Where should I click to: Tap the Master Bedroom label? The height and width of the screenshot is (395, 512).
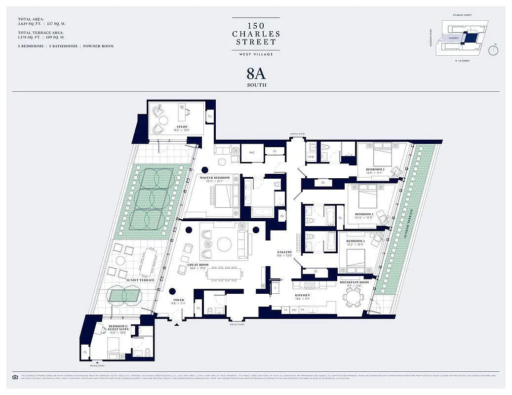(215, 177)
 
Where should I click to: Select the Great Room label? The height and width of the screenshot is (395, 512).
(197, 265)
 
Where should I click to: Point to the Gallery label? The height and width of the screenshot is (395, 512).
(284, 252)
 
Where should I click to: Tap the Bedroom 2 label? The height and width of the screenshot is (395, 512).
(375, 169)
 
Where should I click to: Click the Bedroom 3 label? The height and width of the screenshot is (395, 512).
(364, 214)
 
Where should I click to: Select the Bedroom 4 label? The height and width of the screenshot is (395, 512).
(355, 241)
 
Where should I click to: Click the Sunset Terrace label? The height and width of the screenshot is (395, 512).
(140, 280)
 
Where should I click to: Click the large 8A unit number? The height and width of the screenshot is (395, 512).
(256, 74)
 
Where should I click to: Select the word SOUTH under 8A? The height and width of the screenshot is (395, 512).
(256, 85)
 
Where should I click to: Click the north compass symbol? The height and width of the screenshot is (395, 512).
(494, 51)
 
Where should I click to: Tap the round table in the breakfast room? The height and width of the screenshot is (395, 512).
(353, 297)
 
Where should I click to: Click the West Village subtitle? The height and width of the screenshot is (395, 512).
(256, 54)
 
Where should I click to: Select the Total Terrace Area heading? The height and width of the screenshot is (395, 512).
(41, 33)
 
